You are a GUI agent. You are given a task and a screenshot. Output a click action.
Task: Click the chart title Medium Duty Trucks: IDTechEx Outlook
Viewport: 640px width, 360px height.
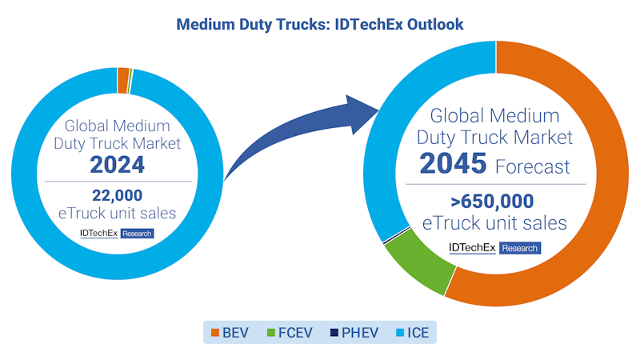(x=319, y=25)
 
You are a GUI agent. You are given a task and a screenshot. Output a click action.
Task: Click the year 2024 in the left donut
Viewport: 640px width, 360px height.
(x=118, y=165)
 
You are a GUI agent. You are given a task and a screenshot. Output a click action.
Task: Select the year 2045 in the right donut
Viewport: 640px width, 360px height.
(x=453, y=164)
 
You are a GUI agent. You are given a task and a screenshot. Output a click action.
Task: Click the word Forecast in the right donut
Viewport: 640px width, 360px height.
(x=532, y=166)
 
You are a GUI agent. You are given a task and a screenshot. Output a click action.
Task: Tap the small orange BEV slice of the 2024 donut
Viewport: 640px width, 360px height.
(x=123, y=80)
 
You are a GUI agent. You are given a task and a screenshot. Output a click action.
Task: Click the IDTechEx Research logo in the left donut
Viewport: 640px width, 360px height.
(x=117, y=234)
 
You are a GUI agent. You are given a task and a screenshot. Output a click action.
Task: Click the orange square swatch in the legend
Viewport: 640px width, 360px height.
(x=215, y=330)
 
